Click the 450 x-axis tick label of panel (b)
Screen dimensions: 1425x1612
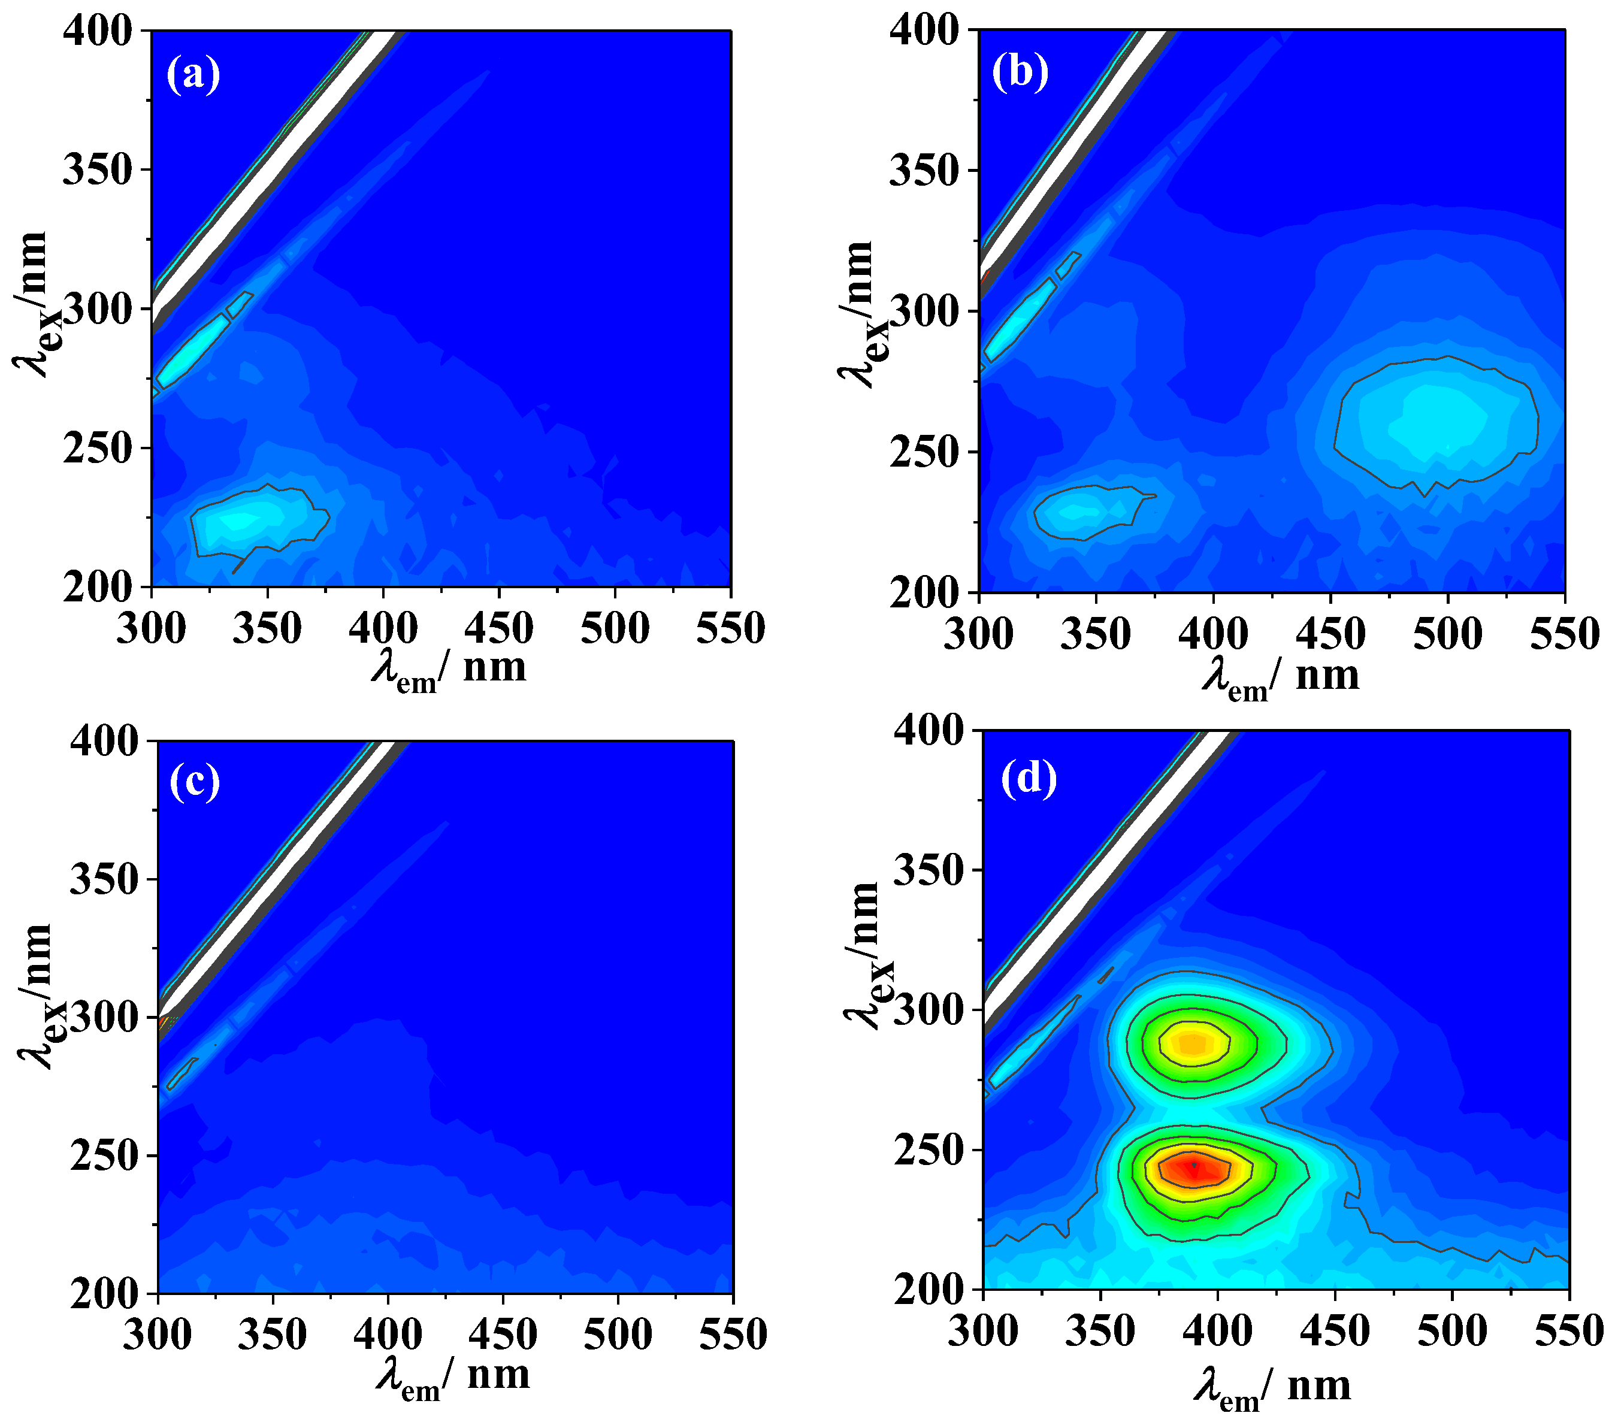point(1330,636)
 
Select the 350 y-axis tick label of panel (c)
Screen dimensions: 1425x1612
point(103,879)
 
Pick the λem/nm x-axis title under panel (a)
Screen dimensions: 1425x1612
point(449,670)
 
